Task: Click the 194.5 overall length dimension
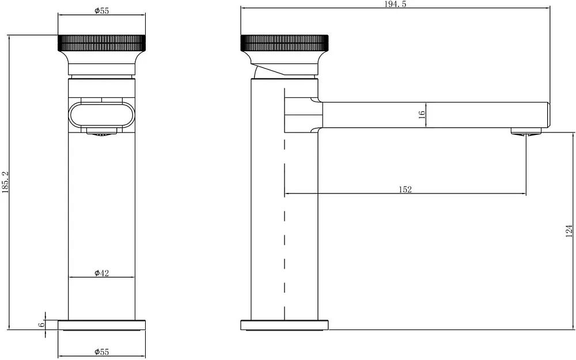point(395,5)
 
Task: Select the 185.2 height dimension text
point(5,182)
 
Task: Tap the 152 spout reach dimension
point(405,190)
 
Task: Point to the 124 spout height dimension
point(569,231)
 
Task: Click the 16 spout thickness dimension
point(422,114)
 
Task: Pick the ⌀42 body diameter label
point(102,273)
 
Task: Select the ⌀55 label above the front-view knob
point(102,10)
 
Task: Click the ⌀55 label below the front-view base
point(102,352)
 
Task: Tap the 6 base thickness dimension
point(41,325)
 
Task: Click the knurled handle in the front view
point(102,43)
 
